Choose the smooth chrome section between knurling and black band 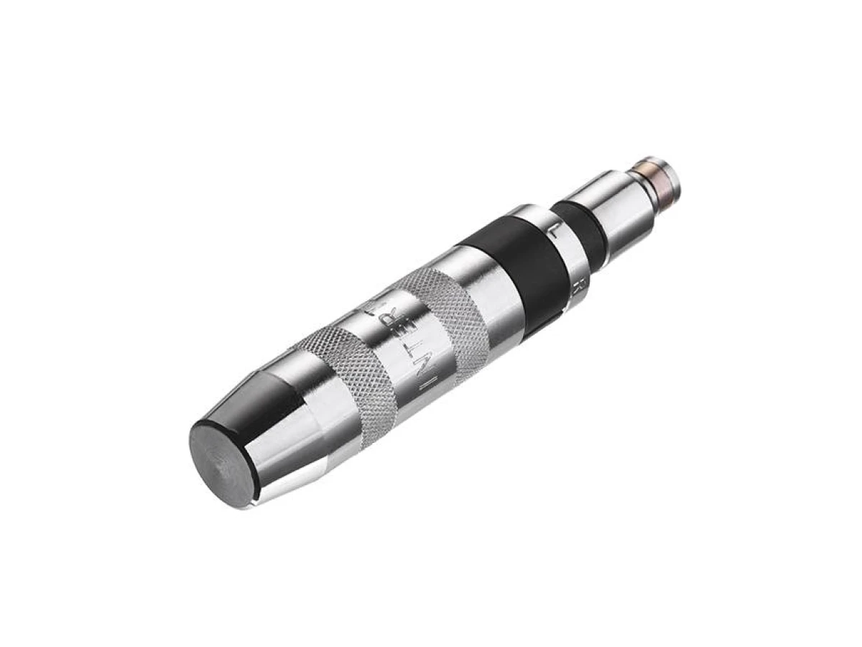coord(488,288)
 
